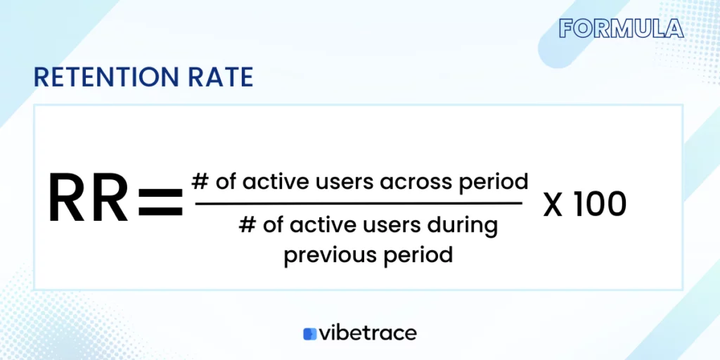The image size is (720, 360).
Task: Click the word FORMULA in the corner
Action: pyautogui.click(x=621, y=28)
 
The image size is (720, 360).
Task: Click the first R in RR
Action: pyautogui.click(x=69, y=200)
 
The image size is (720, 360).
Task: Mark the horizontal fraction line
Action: pyautogui.click(x=359, y=204)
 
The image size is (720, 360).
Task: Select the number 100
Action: pyautogui.click(x=598, y=205)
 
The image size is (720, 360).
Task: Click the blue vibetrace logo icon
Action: pyautogui.click(x=310, y=333)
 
